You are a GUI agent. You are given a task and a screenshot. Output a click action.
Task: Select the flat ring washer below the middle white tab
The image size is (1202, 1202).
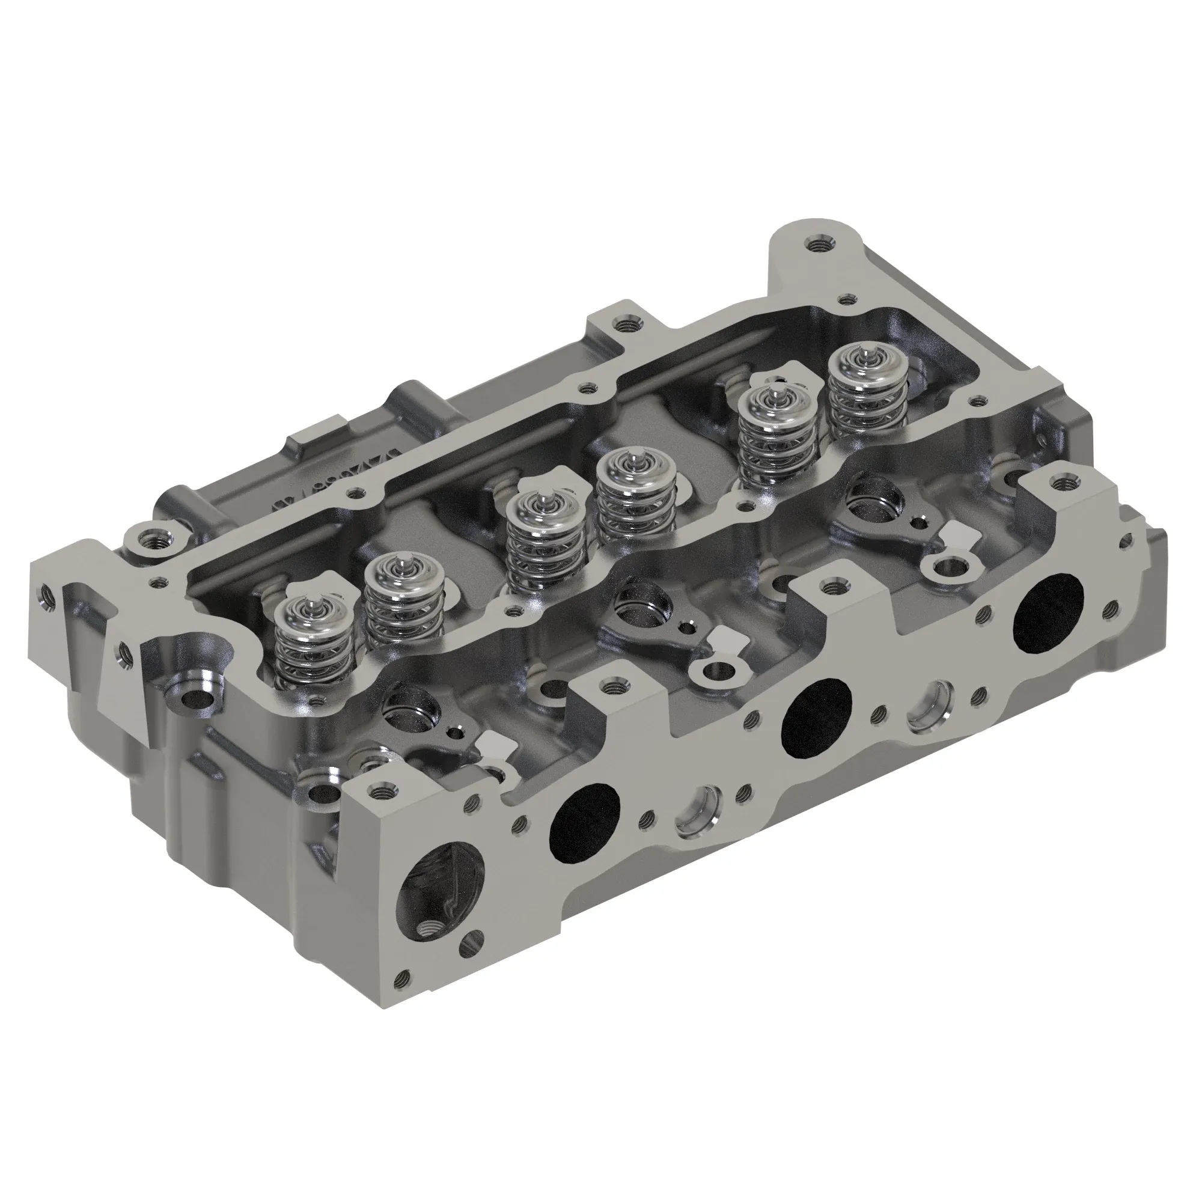click(x=715, y=672)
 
